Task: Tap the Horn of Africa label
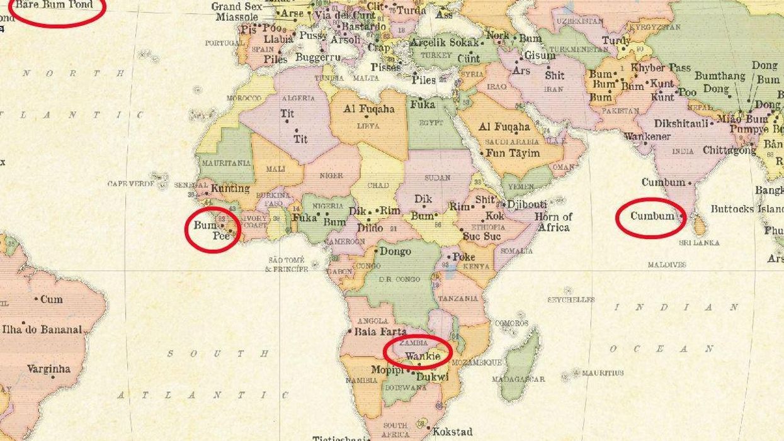pyautogui.click(x=554, y=221)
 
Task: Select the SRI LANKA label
pyautogui.click(x=700, y=242)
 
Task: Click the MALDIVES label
pyautogui.click(x=667, y=265)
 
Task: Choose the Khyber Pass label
pyautogui.click(x=661, y=68)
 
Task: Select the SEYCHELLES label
pyautogui.click(x=571, y=300)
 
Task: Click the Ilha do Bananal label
pyautogui.click(x=43, y=329)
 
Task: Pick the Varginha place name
pyautogui.click(x=48, y=369)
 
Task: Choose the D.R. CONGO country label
pyautogui.click(x=399, y=279)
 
